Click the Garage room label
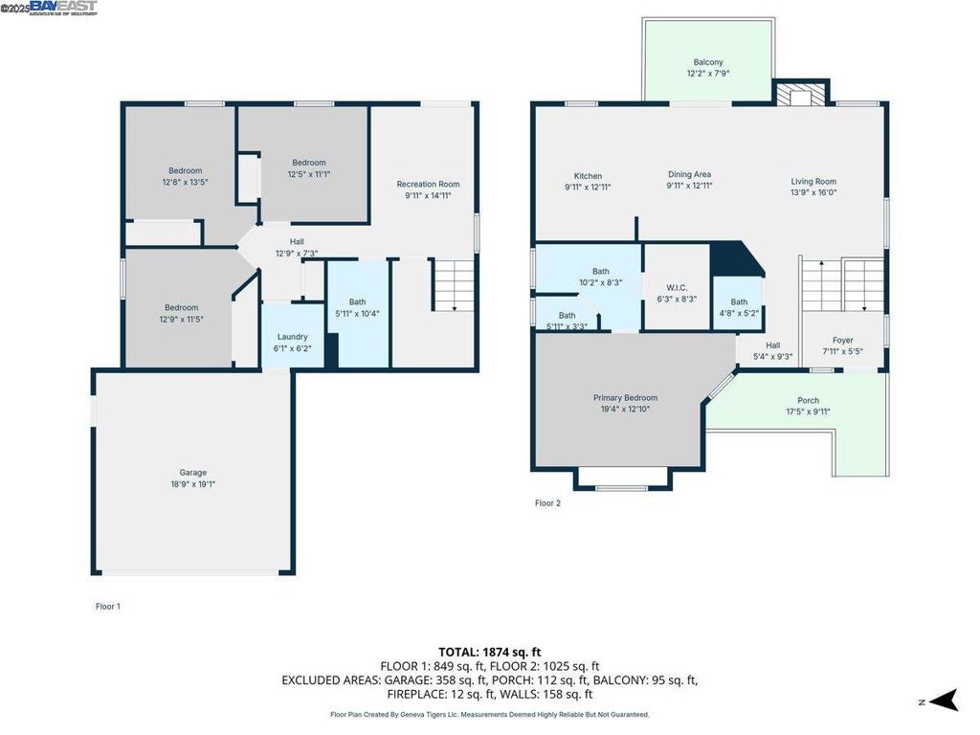tap(192, 473)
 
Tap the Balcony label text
tap(708, 63)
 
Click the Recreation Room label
tap(428, 184)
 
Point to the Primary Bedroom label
tap(625, 398)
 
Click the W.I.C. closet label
tap(677, 288)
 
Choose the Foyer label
tap(842, 340)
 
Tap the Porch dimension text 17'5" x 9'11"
tap(808, 412)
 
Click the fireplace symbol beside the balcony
tap(798, 93)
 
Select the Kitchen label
tap(588, 176)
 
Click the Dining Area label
tap(689, 174)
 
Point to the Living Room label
tap(813, 181)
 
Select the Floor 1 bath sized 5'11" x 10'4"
tap(357, 306)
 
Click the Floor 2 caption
tap(547, 502)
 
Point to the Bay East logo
tap(63, 8)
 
